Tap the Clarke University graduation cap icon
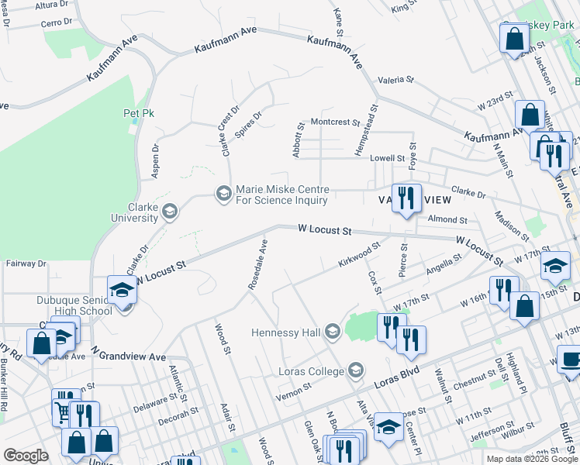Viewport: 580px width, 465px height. coord(168,210)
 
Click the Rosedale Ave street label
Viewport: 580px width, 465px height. coord(258,264)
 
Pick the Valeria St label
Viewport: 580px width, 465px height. coord(396,80)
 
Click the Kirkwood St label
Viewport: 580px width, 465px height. coord(359,255)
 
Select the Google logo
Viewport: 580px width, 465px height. coord(26,456)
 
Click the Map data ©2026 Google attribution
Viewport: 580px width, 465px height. coord(532,459)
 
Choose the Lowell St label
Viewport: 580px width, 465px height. coord(387,158)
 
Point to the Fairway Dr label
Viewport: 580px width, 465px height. coord(21,263)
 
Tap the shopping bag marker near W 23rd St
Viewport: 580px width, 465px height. coord(529,115)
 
